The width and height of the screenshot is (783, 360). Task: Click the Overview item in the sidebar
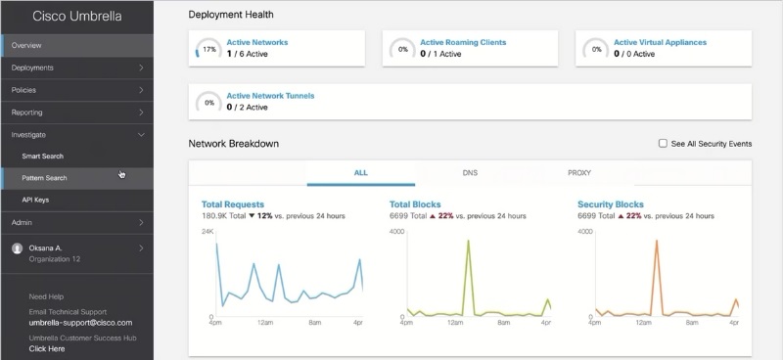[26, 45]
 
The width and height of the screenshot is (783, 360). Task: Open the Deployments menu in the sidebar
[32, 67]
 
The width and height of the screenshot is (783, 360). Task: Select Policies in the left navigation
[23, 90]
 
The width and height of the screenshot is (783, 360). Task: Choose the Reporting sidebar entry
[27, 112]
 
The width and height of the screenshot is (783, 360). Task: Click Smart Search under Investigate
[42, 157]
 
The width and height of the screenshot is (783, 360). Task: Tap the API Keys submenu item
[35, 200]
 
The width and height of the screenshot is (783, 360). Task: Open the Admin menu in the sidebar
[22, 222]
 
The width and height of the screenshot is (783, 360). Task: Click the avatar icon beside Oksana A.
[18, 248]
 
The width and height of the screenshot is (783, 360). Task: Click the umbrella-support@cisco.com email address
[80, 323]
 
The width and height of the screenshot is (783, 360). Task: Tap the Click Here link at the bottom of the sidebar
[47, 348]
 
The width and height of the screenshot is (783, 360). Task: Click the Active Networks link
[257, 42]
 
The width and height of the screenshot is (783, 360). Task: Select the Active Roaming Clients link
[463, 42]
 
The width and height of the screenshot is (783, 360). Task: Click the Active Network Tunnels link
[271, 96]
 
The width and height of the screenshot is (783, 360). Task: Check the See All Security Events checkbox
[663, 143]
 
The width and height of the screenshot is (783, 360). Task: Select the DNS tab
[470, 173]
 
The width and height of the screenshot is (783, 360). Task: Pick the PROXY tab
[579, 173]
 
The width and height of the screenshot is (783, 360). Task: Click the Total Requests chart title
[233, 204]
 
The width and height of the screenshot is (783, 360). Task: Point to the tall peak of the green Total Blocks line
[469, 241]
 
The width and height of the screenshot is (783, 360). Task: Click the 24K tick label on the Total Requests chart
[207, 232]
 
